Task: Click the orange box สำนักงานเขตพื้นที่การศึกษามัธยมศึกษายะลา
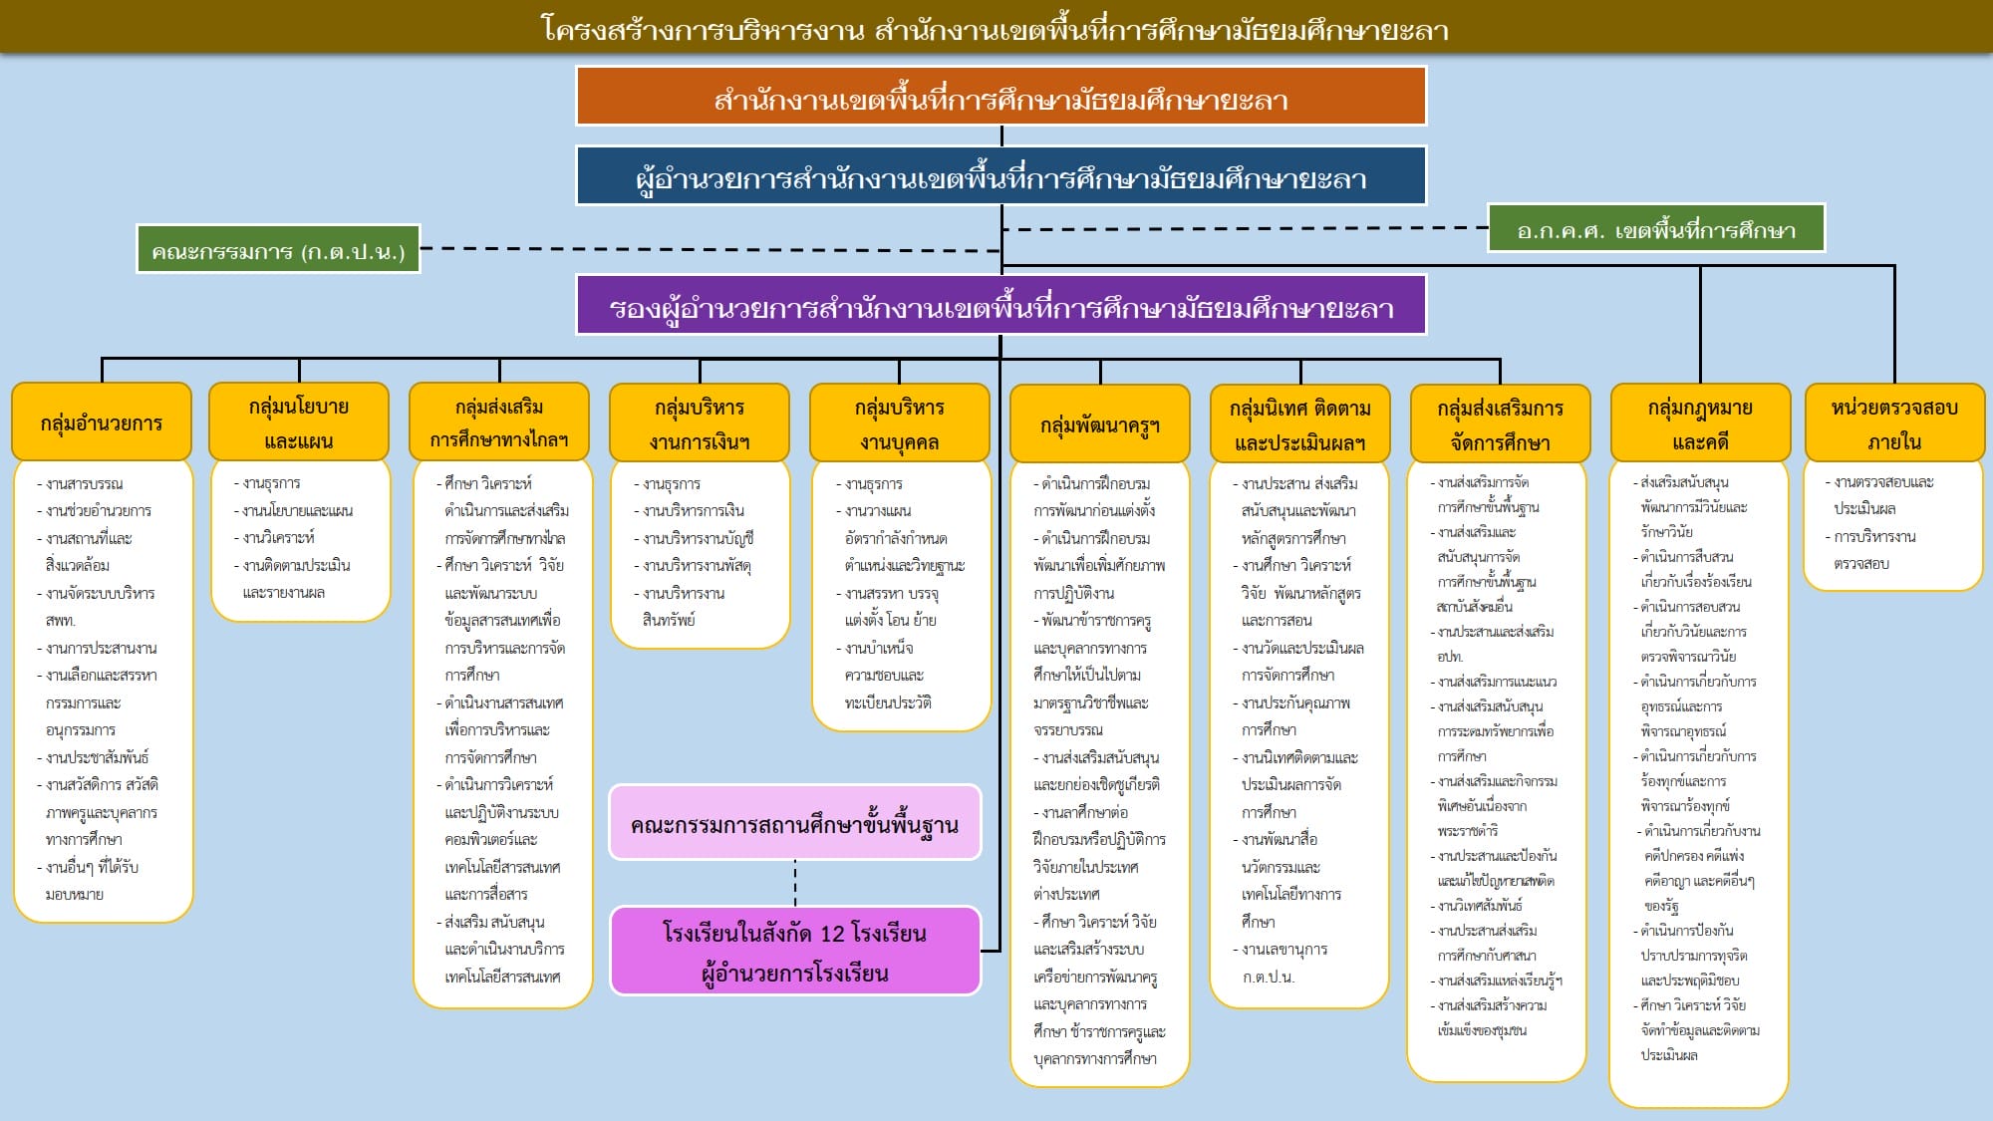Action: [1000, 97]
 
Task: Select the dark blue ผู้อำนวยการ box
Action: [1000, 176]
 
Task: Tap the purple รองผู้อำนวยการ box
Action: [1000, 305]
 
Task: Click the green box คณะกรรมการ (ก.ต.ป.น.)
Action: [278, 249]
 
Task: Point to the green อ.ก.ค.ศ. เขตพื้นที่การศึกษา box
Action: [1655, 229]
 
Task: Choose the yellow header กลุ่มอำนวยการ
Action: [102, 422]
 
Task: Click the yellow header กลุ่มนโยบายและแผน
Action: [299, 422]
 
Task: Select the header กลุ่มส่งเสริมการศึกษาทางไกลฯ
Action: [499, 422]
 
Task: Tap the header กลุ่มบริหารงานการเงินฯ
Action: [700, 423]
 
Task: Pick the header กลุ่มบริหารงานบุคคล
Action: [899, 423]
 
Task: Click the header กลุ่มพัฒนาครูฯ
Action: [1100, 424]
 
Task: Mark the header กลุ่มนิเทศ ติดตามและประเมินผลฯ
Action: [1299, 424]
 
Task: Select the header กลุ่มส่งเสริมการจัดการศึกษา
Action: [1500, 424]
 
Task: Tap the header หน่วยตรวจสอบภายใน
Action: [1893, 423]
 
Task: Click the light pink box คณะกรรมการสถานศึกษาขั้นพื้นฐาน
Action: [794, 823]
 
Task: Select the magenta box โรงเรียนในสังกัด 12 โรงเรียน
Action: [794, 952]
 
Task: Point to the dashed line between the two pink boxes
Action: [795, 883]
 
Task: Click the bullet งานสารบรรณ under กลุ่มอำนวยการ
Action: [85, 484]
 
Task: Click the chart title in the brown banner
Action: [995, 28]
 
